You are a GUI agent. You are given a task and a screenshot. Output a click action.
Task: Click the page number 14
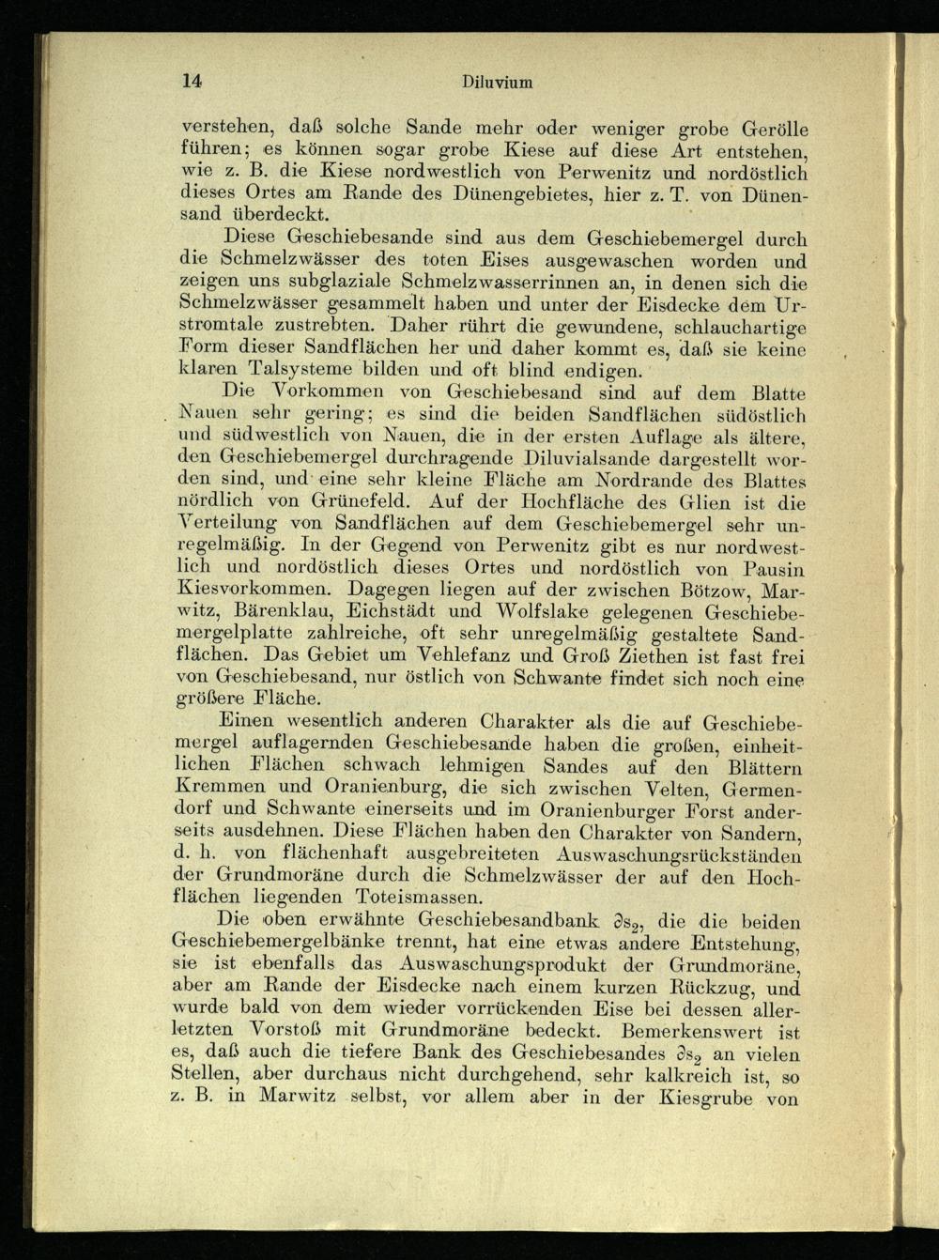192,81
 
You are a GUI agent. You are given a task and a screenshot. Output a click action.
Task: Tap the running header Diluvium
498,82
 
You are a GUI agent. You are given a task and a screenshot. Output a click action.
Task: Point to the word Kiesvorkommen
254,591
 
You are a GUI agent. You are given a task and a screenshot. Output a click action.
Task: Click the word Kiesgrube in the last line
700,1097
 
